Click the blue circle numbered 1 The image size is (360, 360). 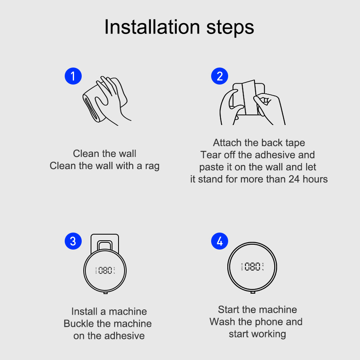point(73,76)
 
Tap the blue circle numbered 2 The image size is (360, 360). point(220,76)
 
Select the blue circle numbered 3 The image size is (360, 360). point(73,241)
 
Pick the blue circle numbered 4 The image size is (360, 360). point(220,241)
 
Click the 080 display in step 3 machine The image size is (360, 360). point(105,270)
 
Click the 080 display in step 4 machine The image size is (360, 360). point(252,267)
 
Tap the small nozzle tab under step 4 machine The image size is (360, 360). point(252,292)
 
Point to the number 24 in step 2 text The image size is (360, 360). point(294,179)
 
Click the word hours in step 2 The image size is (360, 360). point(315,179)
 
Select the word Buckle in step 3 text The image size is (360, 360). point(78,324)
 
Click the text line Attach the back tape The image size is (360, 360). point(259,143)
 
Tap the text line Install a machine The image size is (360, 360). point(109,311)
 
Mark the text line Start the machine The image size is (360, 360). point(257,310)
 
